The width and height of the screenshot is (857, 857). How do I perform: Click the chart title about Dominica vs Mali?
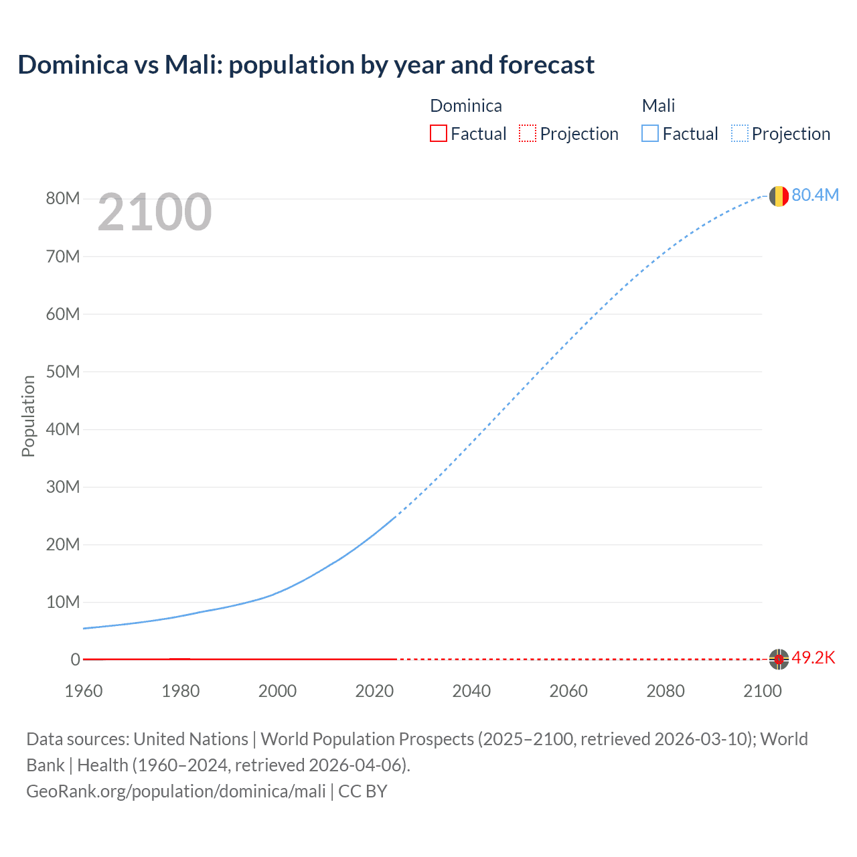[306, 65]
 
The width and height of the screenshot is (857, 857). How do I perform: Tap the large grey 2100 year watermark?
[155, 212]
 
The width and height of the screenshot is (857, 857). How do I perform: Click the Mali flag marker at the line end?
[778, 196]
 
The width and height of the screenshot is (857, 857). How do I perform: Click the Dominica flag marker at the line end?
[778, 659]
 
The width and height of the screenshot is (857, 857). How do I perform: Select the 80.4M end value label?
[815, 195]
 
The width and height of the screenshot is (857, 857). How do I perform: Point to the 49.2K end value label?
[813, 657]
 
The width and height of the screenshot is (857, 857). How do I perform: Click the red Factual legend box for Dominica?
[439, 134]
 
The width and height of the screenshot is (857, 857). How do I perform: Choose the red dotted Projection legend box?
[528, 134]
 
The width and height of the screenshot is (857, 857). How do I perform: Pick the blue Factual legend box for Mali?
[650, 134]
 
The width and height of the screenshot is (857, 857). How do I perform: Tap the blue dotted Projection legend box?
[739, 134]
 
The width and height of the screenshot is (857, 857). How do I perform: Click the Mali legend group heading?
[658, 106]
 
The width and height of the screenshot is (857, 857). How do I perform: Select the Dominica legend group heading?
[466, 106]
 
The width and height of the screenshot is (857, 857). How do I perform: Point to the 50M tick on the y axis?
[63, 372]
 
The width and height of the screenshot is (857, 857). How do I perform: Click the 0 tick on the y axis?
[76, 659]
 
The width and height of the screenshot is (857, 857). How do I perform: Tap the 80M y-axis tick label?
[63, 198]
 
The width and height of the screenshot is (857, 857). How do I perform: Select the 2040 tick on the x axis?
[471, 691]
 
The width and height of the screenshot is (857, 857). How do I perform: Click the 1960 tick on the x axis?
[84, 691]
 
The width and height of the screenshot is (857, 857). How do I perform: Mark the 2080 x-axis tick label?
[666, 691]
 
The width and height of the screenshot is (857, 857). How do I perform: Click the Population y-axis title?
[28, 416]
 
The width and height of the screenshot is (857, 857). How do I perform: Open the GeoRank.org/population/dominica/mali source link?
[176, 791]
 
